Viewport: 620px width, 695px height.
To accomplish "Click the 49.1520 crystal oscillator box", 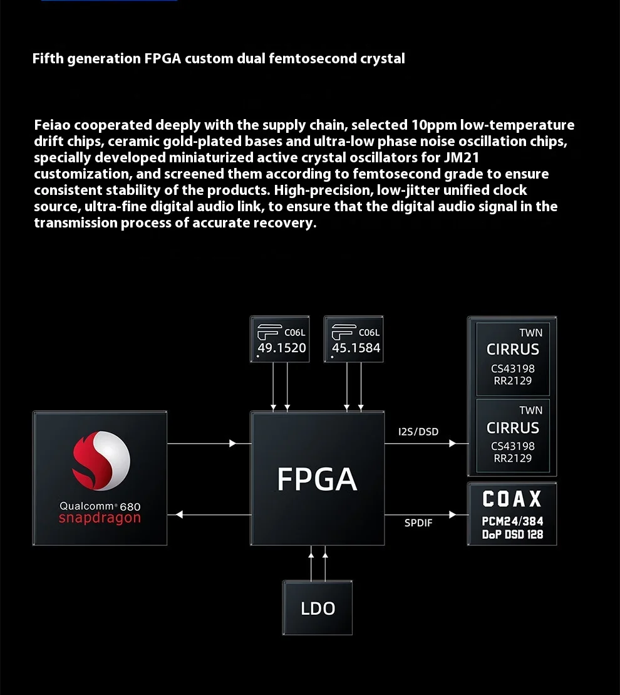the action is click(280, 339).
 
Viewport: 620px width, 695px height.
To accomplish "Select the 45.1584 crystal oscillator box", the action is click(354, 339).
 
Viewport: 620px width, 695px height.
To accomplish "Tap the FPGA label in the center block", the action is click(317, 479).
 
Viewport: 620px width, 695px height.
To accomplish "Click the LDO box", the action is click(318, 608).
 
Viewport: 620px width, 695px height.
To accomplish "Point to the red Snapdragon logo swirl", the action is click(101, 461).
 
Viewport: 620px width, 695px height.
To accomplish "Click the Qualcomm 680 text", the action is click(100, 506).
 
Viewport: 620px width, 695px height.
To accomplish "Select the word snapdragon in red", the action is click(100, 518).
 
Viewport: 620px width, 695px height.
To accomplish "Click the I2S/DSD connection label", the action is click(418, 432).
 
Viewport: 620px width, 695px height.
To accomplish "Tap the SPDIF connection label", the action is click(418, 523).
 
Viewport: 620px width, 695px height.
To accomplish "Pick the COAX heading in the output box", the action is click(512, 499).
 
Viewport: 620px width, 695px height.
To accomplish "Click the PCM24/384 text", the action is click(512, 521).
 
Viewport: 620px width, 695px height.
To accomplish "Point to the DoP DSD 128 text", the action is click(512, 535).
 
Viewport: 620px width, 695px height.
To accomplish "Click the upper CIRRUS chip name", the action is click(513, 349).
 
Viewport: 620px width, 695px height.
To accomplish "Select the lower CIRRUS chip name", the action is click(513, 428).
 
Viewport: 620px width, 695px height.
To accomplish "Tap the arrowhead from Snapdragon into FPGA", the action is click(233, 443).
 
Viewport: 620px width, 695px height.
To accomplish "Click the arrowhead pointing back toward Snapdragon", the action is click(179, 515).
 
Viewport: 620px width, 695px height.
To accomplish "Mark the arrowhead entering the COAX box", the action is click(453, 515).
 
